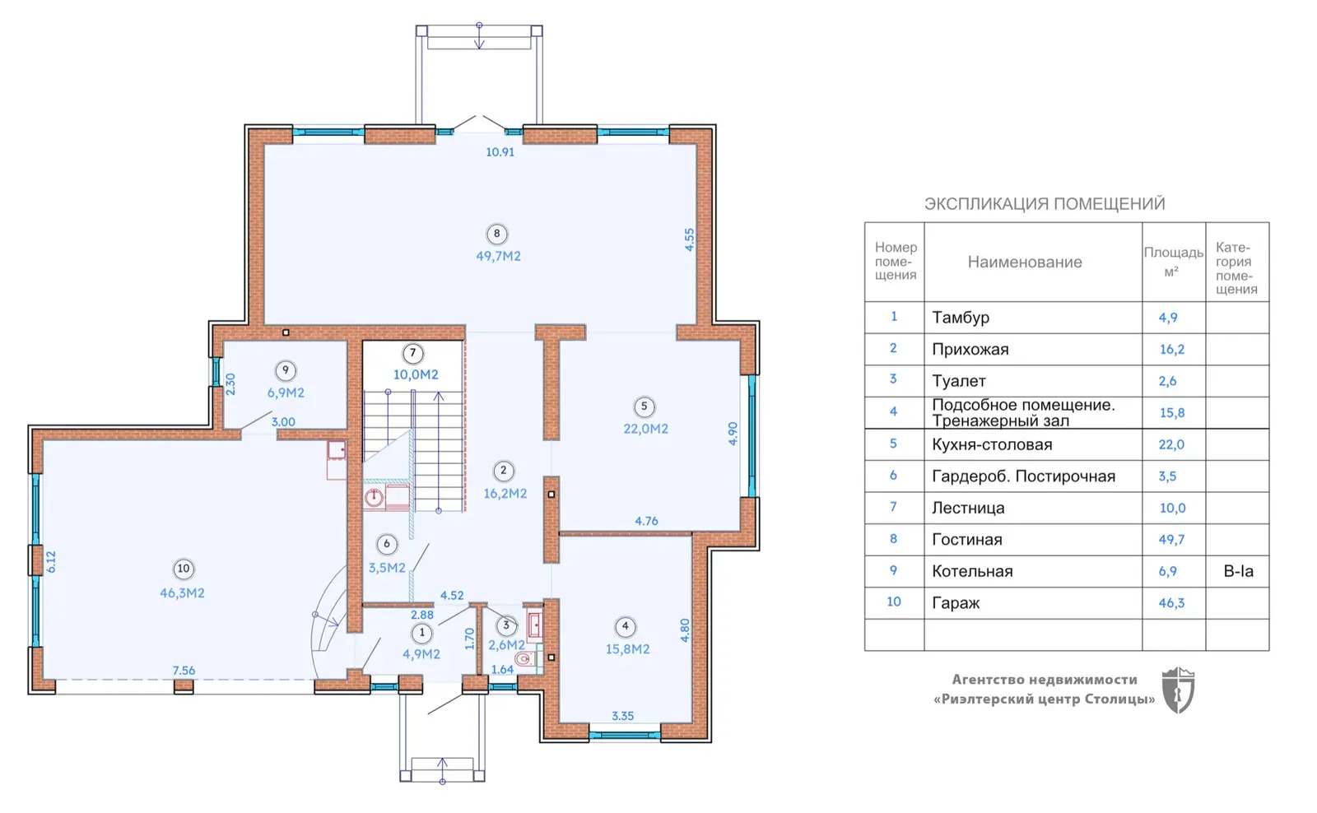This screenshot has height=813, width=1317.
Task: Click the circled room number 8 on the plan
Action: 497,234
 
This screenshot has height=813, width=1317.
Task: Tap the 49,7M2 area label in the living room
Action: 498,256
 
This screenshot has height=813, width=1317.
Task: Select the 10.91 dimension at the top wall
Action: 500,152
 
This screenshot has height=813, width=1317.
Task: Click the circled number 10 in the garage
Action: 184,569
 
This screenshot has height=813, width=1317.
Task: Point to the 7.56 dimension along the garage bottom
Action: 184,670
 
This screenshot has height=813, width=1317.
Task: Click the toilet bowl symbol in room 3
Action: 524,658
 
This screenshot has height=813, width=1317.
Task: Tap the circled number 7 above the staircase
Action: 412,353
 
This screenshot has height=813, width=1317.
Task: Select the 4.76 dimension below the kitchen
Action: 646,521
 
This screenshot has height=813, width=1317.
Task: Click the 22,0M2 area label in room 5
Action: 645,430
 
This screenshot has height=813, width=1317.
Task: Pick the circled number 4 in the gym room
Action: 625,627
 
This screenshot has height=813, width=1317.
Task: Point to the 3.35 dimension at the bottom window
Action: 622,716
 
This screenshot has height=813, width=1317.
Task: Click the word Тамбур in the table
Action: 961,318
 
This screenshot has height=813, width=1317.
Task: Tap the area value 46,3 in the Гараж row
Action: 1171,602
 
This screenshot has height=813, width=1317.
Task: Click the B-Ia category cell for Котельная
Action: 1238,571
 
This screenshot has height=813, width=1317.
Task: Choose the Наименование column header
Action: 1025,262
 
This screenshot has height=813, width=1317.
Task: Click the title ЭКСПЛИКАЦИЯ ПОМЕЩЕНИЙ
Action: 1045,204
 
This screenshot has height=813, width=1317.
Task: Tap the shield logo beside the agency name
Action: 1178,690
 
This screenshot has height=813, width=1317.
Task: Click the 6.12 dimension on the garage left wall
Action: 51,562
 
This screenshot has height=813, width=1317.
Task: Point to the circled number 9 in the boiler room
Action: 286,371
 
